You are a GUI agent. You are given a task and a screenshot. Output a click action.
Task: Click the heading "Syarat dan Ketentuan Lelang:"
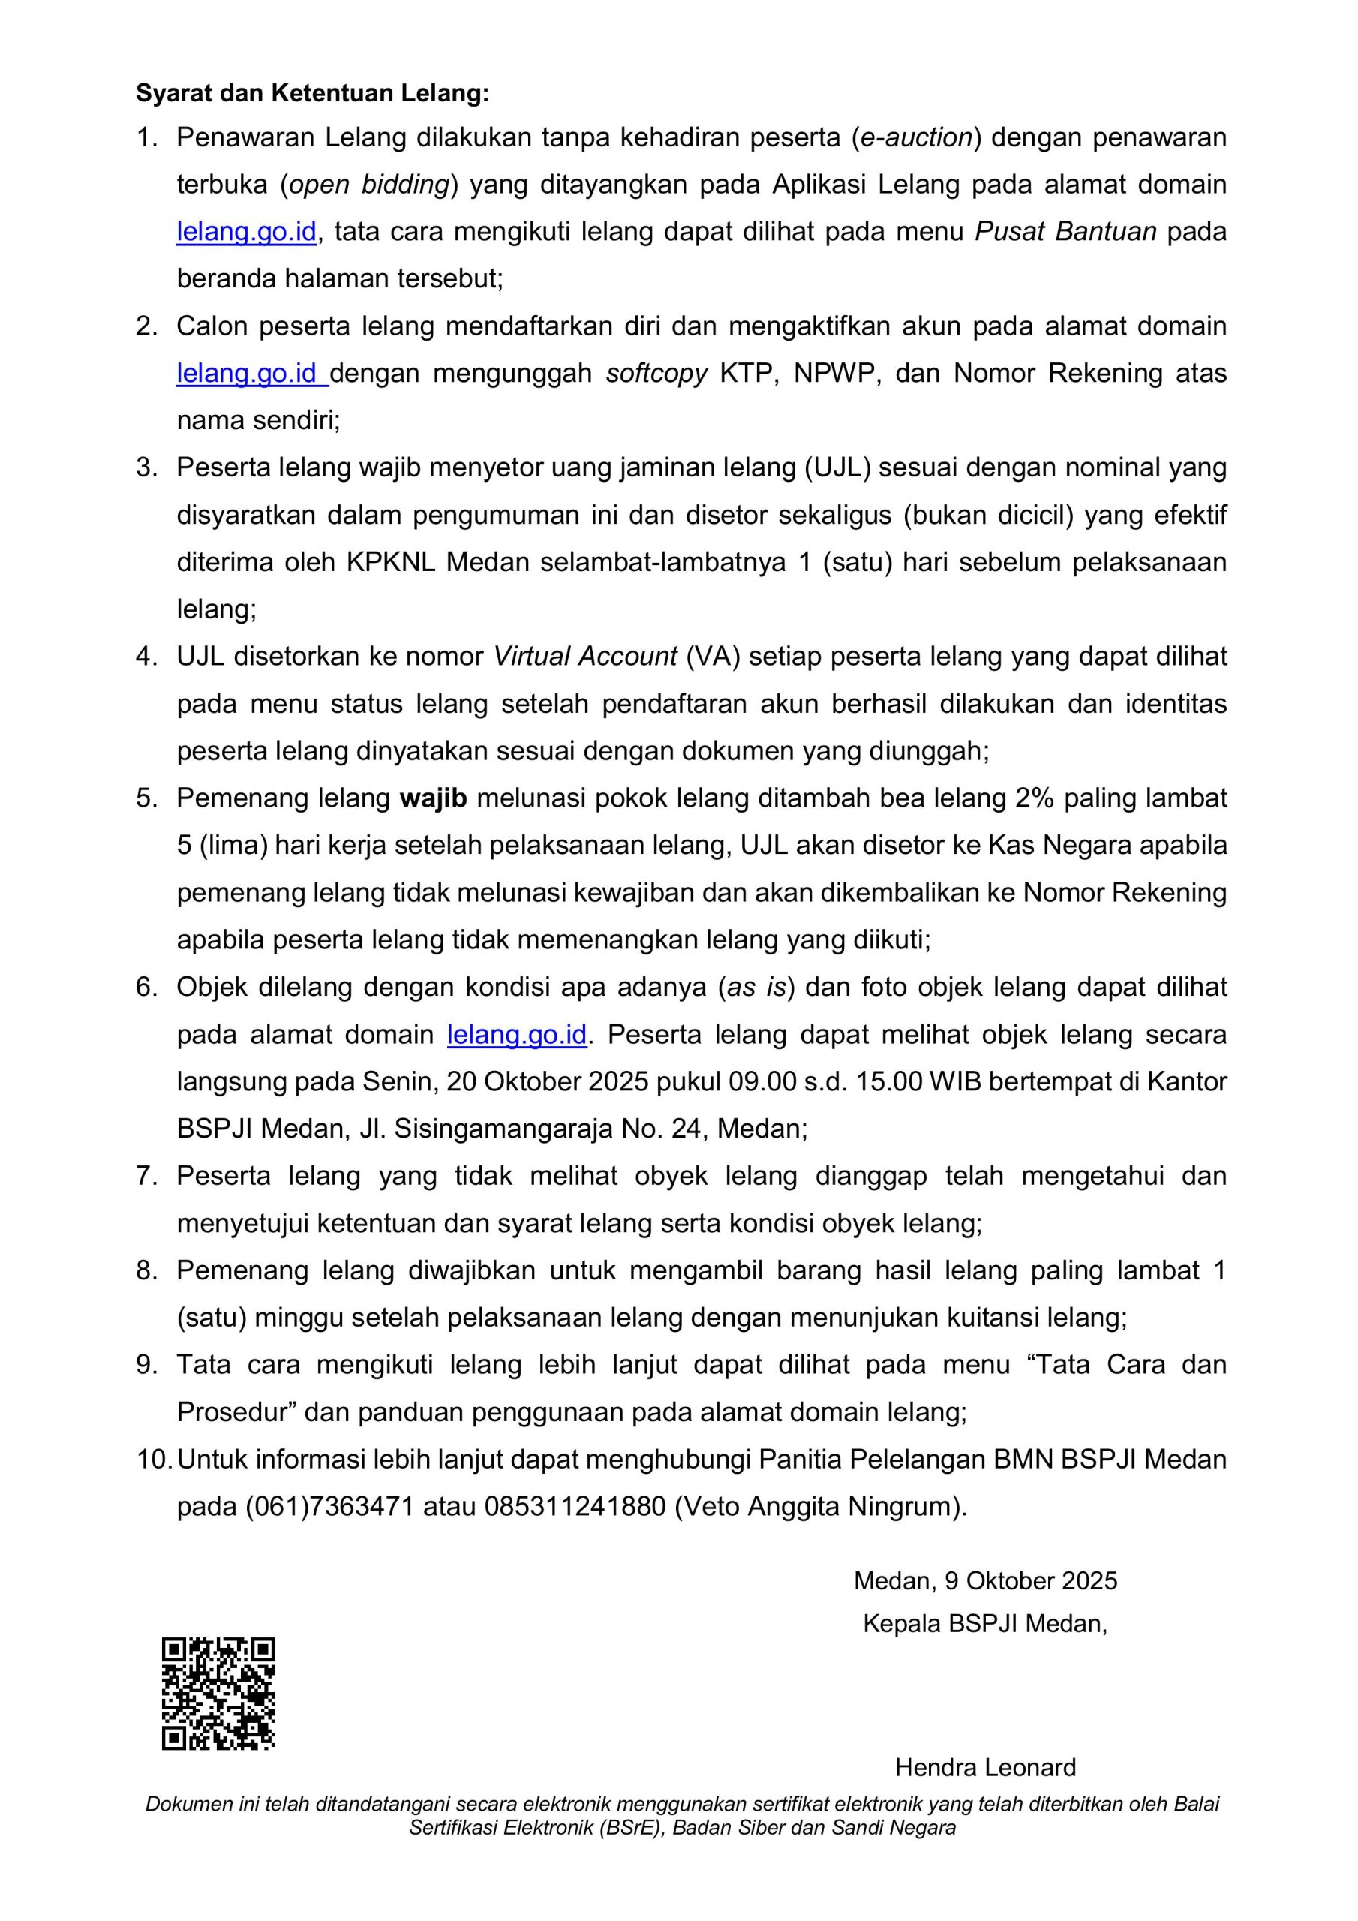tap(312, 93)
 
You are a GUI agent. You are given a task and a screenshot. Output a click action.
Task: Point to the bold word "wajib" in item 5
tap(433, 798)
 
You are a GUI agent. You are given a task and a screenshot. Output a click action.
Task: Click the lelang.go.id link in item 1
tap(246, 231)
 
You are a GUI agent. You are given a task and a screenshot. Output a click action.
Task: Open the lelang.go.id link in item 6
tap(517, 1034)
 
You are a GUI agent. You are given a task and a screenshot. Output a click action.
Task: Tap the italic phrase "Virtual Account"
tap(585, 656)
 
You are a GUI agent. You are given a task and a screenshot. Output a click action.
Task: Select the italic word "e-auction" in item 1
tap(916, 137)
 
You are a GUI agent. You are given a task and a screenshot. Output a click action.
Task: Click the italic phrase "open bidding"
tap(369, 184)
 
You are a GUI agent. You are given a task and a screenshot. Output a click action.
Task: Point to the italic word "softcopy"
tap(656, 372)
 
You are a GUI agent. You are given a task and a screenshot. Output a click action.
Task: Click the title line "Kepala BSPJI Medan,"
tap(985, 1623)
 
